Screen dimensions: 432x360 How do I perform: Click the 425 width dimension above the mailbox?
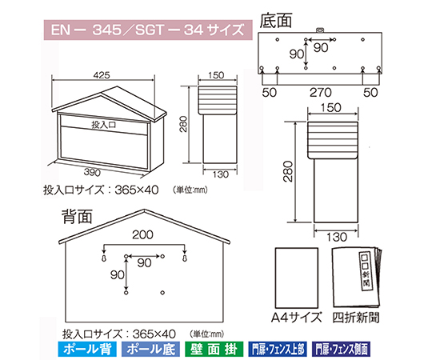pyautogui.click(x=102, y=75)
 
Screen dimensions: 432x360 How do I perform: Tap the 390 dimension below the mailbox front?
pyautogui.click(x=92, y=173)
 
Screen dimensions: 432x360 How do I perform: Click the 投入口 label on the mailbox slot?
pyautogui.click(x=103, y=125)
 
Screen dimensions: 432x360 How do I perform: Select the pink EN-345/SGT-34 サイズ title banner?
pyautogui.click(x=148, y=30)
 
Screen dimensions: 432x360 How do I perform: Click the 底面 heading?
pyautogui.click(x=276, y=20)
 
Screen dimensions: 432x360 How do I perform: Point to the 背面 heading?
pyautogui.click(x=77, y=216)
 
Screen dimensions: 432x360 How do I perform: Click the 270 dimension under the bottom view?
pyautogui.click(x=321, y=93)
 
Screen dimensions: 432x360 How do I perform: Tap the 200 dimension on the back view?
pyautogui.click(x=142, y=234)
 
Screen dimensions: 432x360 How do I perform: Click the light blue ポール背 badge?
pyautogui.click(x=87, y=350)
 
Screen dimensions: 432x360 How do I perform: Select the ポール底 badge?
pyautogui.click(x=150, y=350)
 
